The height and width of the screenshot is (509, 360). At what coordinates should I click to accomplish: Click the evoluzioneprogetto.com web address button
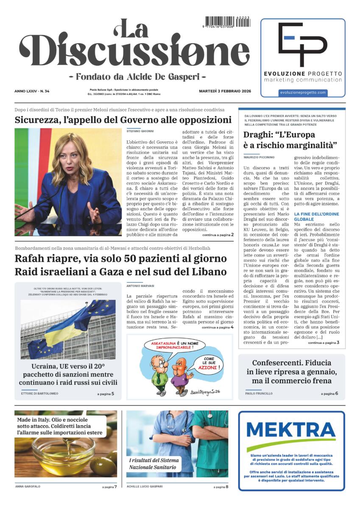coord(303,92)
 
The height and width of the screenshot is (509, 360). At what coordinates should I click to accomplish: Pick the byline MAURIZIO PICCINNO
coord(259,157)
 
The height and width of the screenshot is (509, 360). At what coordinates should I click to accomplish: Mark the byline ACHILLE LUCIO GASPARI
coord(145,487)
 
